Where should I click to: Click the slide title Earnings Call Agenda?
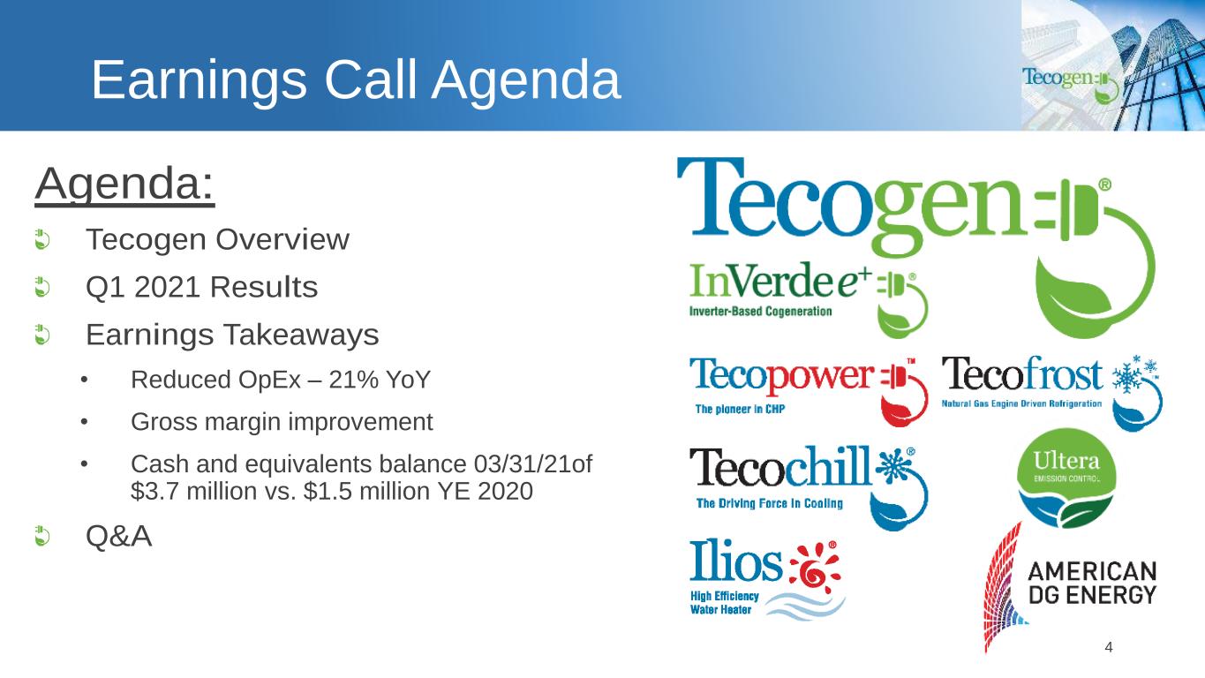coord(356,80)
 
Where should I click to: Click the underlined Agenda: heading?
coord(124,185)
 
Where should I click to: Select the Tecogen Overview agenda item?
coord(217,239)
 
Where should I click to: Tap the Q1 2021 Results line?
coord(202,287)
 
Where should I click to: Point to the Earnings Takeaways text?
coord(232,335)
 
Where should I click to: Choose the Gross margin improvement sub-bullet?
coord(282,422)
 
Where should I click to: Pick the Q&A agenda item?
coord(119,536)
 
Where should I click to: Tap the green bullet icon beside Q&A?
coord(42,537)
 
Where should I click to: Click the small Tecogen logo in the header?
coord(1070,83)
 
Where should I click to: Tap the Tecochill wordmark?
coord(780,466)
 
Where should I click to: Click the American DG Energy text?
coord(1092,584)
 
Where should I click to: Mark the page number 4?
coord(1108,647)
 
